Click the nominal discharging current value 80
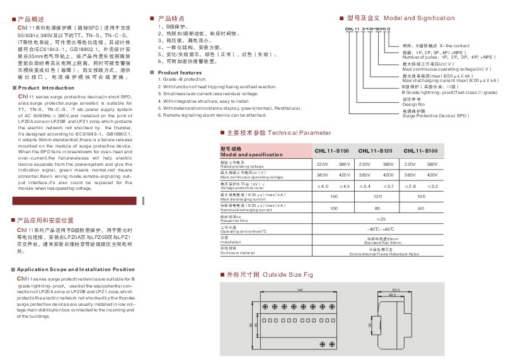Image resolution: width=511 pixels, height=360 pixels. click(x=376, y=207)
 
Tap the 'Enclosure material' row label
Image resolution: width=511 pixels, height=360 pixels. click(x=238, y=253)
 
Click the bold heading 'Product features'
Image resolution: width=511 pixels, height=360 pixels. click(x=179, y=73)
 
